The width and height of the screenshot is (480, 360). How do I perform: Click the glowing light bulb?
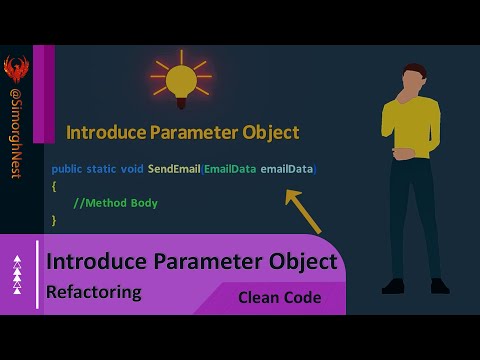point(181,80)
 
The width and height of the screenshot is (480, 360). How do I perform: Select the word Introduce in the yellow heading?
point(103,132)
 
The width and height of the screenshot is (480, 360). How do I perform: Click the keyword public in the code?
point(68,169)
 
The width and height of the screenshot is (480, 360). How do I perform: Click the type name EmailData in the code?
point(230,169)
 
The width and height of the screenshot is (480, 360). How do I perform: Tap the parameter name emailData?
point(287,169)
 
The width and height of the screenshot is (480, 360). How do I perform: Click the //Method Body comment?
point(116,203)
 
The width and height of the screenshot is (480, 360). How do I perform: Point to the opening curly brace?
point(54,186)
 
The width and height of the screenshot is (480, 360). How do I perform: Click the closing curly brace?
point(54,220)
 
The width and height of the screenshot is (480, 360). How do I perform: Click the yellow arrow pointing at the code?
point(303,212)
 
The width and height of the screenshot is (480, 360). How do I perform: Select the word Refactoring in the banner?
point(94,293)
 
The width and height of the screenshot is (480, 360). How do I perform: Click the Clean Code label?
point(279,297)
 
